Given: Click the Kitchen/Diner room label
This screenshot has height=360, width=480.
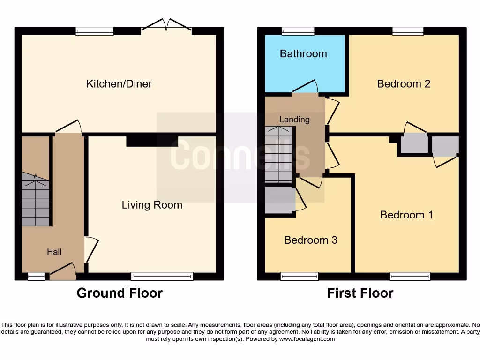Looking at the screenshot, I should pos(119,84).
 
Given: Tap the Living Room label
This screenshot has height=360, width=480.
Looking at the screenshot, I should pos(152,205).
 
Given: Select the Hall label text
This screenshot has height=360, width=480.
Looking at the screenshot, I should pos(54,252).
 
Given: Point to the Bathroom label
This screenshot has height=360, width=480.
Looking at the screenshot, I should pos(303,53).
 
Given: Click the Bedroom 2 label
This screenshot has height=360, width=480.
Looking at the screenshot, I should pos(404,84).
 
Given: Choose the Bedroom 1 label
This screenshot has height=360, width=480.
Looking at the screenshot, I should pos(406,215).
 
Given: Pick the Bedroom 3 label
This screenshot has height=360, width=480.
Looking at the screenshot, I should pos(310,240).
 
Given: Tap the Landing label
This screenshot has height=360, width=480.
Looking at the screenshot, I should pos(294,120).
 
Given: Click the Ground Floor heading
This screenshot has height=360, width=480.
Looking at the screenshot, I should pos(120,293).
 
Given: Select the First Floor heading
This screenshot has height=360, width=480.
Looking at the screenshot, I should pos(360,293).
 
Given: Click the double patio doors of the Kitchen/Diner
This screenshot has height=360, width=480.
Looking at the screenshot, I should pos(166,26).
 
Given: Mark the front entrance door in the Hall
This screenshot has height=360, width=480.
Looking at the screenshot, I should pos(63,271).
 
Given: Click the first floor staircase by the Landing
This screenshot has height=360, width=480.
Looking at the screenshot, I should pos(278,155).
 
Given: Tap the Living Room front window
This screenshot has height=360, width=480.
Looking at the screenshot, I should pos(162,276).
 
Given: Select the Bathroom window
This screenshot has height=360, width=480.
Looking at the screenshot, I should pos(298,31).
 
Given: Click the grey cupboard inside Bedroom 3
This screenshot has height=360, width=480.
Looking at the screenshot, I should pos(279,200).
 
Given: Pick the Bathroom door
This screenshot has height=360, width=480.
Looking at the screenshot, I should pos(305,88).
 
